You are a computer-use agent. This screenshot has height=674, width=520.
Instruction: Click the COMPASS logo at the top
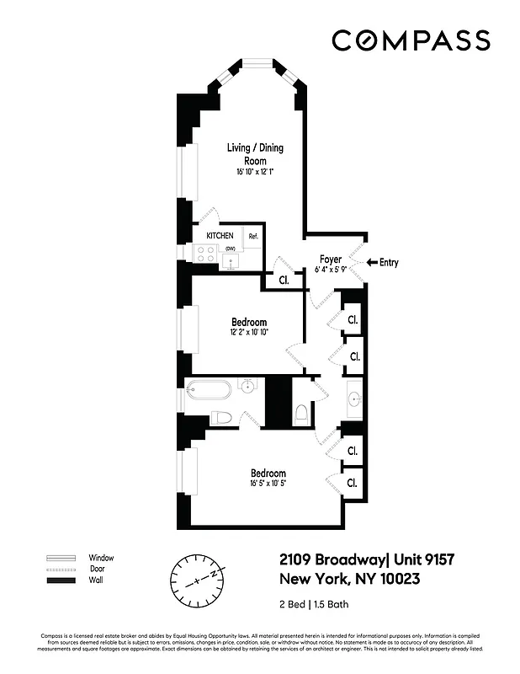tap(411, 40)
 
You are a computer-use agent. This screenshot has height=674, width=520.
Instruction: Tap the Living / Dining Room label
tap(255, 153)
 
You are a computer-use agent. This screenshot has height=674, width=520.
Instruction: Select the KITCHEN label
tap(220, 236)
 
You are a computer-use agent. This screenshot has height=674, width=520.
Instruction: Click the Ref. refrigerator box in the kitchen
tap(252, 237)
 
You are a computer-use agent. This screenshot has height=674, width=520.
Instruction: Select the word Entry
tap(388, 263)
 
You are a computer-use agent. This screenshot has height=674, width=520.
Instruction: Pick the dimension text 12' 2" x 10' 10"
tap(248, 333)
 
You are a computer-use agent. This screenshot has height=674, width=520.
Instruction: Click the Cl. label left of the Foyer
tap(284, 281)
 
